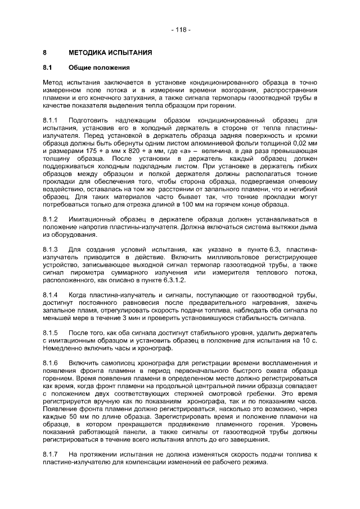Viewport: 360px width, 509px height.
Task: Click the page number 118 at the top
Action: [180, 29]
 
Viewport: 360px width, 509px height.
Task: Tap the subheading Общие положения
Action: [99, 68]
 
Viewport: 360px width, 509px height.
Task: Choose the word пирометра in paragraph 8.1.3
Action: [85, 272]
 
